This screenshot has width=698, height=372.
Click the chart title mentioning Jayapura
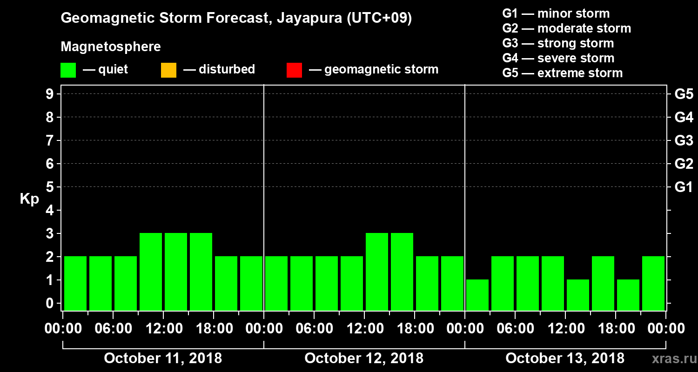(236, 18)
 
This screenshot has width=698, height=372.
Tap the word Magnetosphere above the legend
(111, 47)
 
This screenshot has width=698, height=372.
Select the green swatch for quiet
(68, 70)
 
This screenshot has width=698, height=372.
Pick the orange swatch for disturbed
(168, 70)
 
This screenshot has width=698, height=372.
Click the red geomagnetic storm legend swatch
(294, 70)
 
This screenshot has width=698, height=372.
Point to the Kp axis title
(29, 199)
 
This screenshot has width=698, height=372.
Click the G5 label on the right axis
(684, 94)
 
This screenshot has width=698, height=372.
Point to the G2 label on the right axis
(684, 164)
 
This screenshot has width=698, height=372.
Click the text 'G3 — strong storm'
(558, 43)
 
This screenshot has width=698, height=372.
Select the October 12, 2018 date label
(364, 359)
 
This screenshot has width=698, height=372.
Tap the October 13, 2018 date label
(565, 359)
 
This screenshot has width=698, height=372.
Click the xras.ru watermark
(670, 359)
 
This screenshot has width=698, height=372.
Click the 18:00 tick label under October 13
(615, 328)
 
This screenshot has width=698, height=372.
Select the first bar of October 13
(477, 295)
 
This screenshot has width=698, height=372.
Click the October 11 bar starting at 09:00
(151, 272)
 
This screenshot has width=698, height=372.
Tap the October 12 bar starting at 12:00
(377, 272)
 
